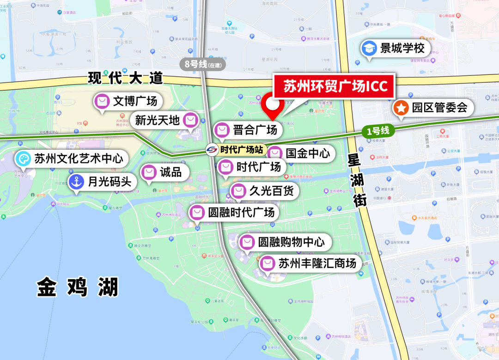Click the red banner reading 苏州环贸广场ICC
(334, 86)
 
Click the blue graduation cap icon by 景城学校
(369, 49)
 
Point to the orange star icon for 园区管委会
(401, 109)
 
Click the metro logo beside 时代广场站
(212, 150)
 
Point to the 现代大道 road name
(125, 78)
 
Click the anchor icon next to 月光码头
(76, 182)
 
